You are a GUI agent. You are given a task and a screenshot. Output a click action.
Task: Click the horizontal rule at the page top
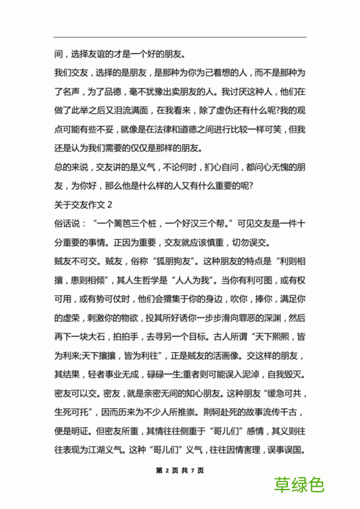180,37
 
